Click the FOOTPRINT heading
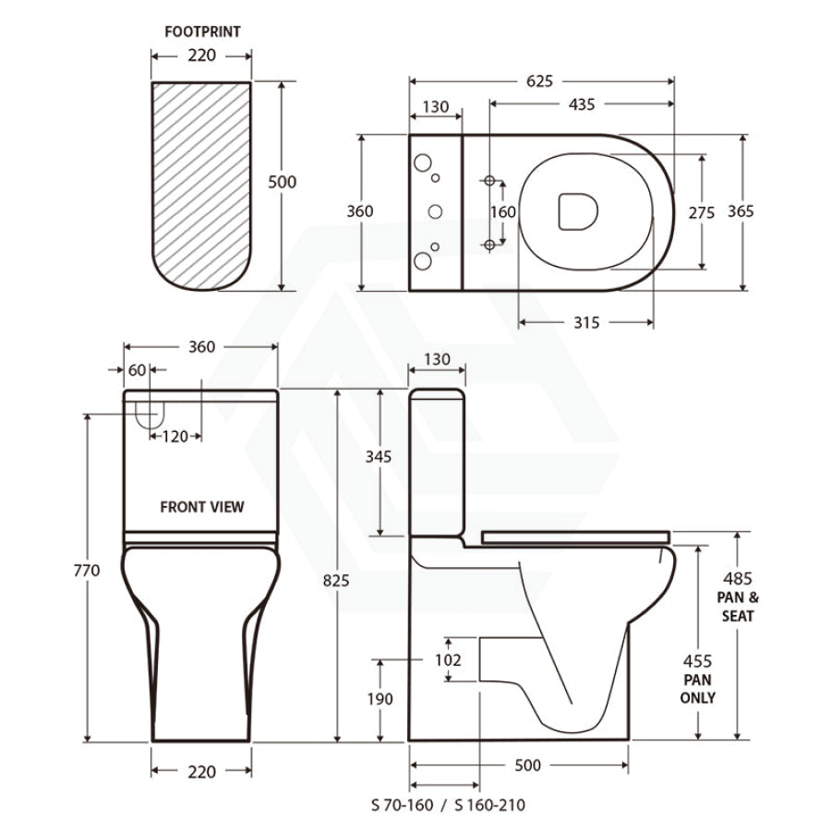202,31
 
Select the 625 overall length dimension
539,81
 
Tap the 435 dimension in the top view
582,104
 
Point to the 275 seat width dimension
702,212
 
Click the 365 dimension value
741,211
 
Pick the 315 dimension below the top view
586,322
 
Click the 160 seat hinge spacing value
502,212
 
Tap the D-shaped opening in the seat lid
578,211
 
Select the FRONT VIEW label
202,507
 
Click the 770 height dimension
87,571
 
